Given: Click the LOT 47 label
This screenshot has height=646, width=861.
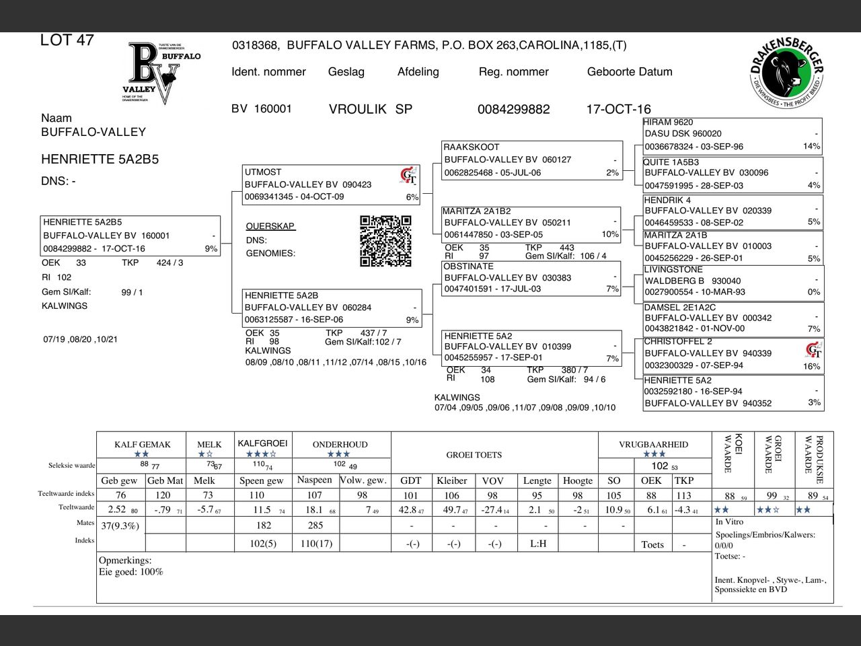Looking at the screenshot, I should [x=67, y=40].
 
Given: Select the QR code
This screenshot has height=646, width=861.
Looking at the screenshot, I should [x=385, y=241].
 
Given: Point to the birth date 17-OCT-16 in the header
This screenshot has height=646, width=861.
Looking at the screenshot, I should [x=618, y=109].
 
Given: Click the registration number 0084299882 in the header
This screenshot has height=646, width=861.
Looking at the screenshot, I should [x=513, y=109].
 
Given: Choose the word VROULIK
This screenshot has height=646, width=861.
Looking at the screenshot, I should [x=357, y=109].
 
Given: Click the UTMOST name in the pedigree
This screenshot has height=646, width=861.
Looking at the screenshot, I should [x=263, y=172].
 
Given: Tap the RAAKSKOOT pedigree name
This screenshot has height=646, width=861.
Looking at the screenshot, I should [x=472, y=147].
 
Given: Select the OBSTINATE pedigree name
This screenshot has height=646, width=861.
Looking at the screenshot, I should [x=468, y=266].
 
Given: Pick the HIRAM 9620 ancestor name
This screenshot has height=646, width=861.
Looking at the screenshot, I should [x=668, y=122].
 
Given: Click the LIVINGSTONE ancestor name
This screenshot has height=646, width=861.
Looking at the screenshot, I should [x=673, y=270].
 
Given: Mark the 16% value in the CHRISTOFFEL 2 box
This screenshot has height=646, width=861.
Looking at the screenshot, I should [x=811, y=367].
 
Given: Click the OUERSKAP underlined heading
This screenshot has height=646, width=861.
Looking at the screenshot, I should [x=270, y=226].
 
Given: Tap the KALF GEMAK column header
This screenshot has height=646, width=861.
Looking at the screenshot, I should [x=143, y=444].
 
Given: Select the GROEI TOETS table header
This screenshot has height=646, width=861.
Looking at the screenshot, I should [x=474, y=455].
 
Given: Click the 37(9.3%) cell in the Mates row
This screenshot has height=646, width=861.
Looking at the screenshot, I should [x=120, y=526].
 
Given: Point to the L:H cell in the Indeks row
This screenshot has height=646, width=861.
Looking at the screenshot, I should [x=538, y=544].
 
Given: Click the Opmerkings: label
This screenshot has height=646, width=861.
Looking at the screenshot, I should [x=125, y=560].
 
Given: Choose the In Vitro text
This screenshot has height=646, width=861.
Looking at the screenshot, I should [x=729, y=522].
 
